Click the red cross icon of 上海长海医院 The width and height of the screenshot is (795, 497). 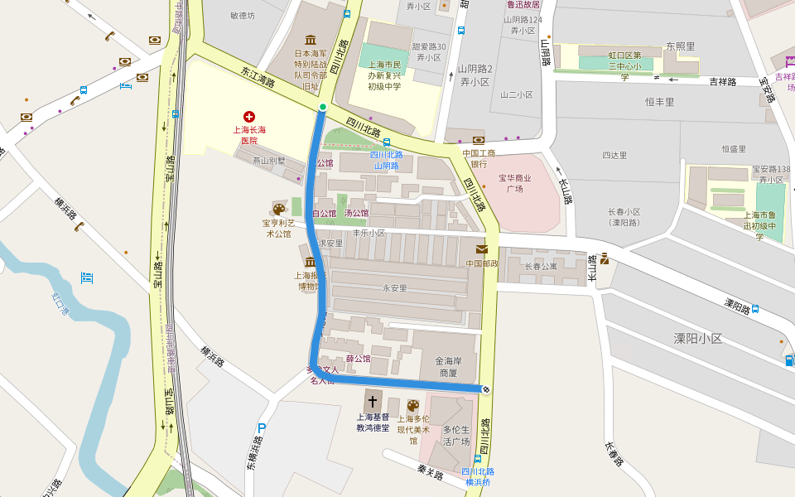pyautogui.click(x=248, y=116)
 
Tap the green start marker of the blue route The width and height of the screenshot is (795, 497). pyautogui.click(x=323, y=108)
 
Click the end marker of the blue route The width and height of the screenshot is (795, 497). pyautogui.click(x=485, y=389)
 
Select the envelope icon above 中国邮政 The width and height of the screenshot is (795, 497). pyautogui.click(x=481, y=249)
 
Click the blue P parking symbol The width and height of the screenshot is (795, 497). pyautogui.click(x=262, y=428)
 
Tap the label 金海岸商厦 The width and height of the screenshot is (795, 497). pyautogui.click(x=454, y=367)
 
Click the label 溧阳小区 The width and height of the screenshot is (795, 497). pyautogui.click(x=697, y=339)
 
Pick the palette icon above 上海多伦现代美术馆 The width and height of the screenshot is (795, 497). pyautogui.click(x=412, y=405)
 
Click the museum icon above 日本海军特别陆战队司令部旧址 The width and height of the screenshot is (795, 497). pyautogui.click(x=311, y=40)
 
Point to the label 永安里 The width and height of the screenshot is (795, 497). pyautogui.click(x=394, y=288)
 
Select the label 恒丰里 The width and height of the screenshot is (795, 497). pyautogui.click(x=659, y=102)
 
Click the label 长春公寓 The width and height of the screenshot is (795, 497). pyautogui.click(x=541, y=267)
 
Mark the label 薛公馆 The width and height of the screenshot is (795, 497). pyautogui.click(x=358, y=359)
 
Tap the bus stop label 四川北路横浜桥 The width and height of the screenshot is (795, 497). pyautogui.click(x=479, y=476)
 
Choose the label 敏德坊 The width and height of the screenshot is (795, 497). pyautogui.click(x=243, y=15)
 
